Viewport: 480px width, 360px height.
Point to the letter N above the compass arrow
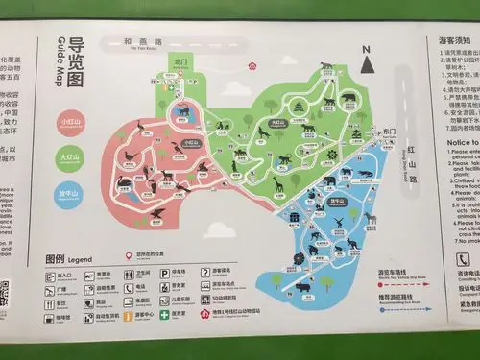pos(365,48)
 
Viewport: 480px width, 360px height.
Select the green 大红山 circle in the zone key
pos(70,156)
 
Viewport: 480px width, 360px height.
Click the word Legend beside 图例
pos(80,260)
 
